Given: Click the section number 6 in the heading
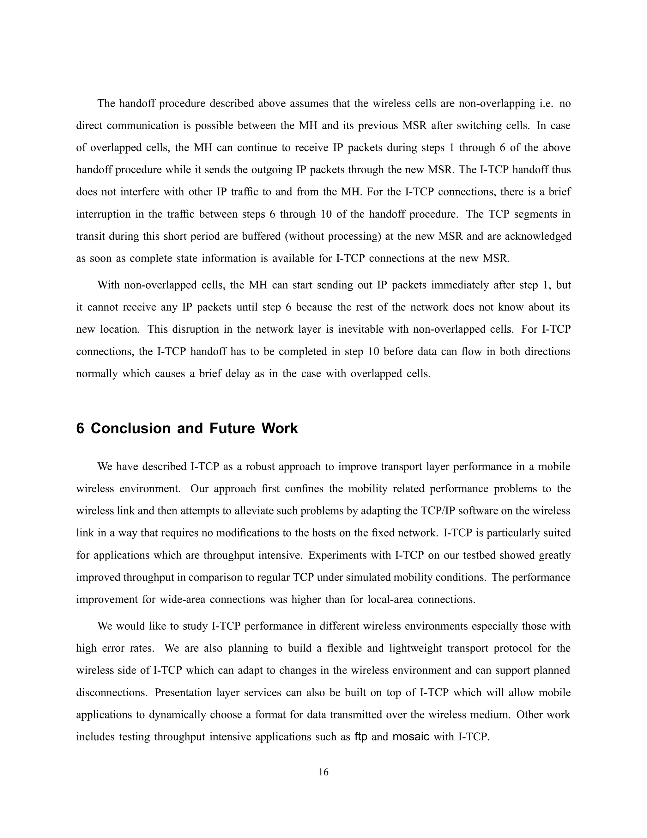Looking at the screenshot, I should (80, 428).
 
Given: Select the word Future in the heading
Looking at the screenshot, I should (232, 428).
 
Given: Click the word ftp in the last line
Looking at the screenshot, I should (361, 737).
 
